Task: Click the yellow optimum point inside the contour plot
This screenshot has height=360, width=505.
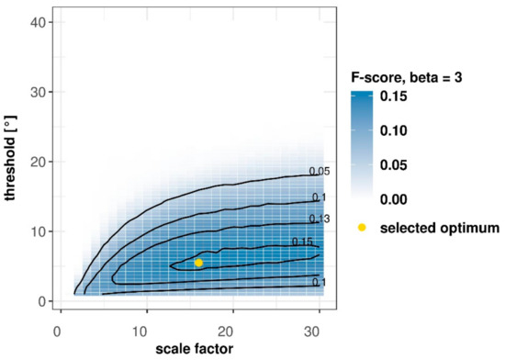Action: tap(198, 263)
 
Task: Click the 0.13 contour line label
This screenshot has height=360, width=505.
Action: tap(319, 219)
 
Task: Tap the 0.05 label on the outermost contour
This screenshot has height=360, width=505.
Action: tap(319, 172)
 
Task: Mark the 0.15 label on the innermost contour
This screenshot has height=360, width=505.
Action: tap(301, 242)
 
